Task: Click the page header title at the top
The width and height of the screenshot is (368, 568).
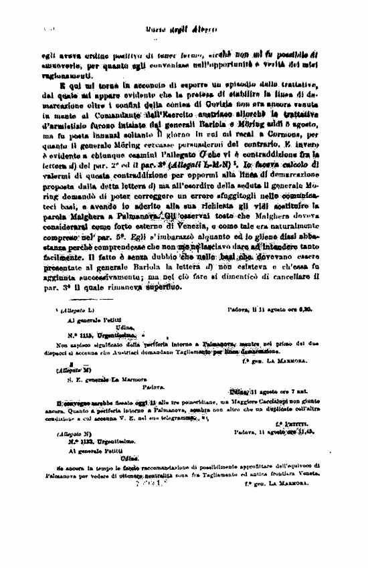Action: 183,29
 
